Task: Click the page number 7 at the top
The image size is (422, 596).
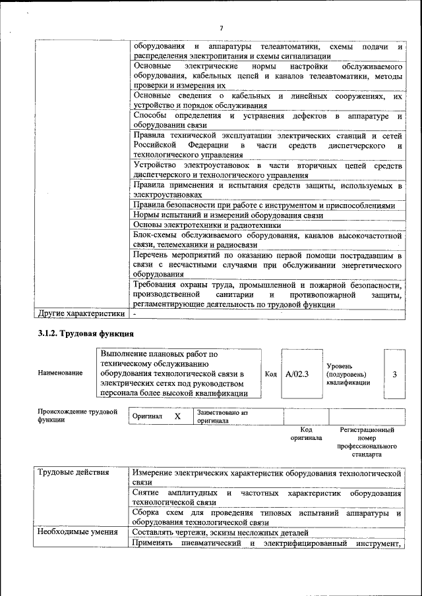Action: coord(222,28)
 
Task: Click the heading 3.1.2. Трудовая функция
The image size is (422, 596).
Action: coord(86,334)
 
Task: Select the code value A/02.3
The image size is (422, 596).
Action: coord(297,374)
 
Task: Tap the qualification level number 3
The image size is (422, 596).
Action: coord(394,374)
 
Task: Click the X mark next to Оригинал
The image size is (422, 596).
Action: coord(177,417)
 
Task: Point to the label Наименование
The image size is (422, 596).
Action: coord(61,373)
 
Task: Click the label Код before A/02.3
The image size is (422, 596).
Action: coord(270,374)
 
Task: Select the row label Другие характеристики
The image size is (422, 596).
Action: coord(81,313)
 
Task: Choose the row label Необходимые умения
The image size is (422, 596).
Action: coord(77,532)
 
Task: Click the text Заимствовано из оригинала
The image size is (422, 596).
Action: coord(222,417)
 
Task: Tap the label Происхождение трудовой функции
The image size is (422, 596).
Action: coord(73,416)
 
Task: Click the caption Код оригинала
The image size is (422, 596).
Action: coord(306,433)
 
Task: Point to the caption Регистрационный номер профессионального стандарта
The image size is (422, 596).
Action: coord(367,442)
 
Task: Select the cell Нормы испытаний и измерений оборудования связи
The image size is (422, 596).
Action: coord(228,215)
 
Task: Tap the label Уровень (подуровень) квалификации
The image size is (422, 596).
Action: coord(347,374)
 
